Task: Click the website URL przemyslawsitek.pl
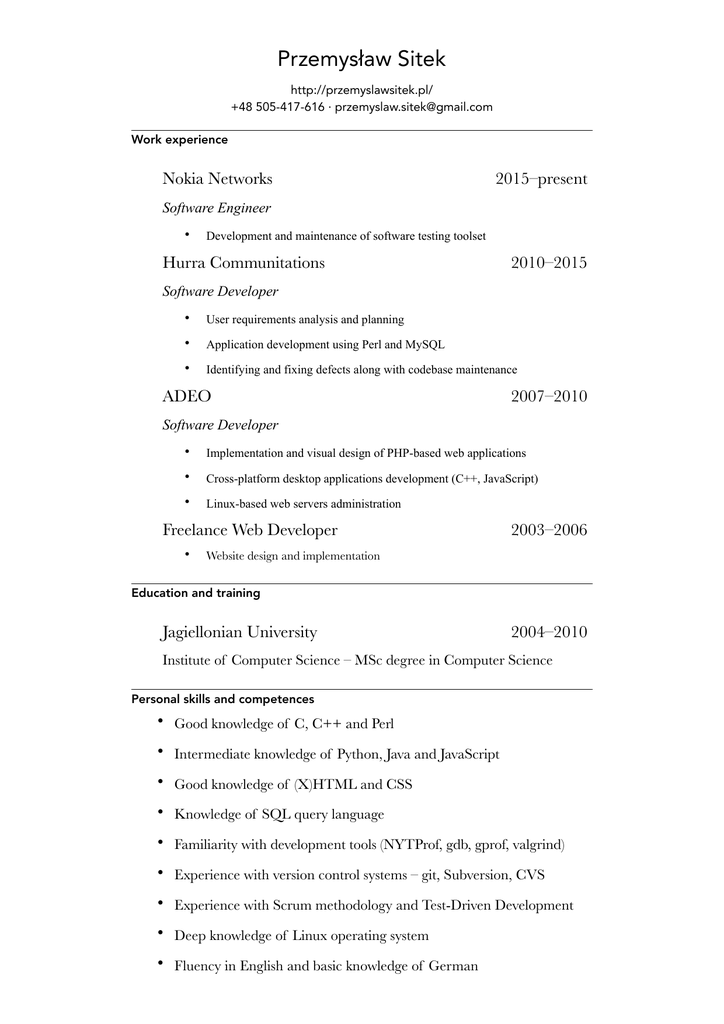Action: (361, 89)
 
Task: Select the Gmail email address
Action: (413, 107)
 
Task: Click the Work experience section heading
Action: (179, 140)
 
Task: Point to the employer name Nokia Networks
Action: (217, 179)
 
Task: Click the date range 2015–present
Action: (541, 179)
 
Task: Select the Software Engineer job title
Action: (216, 208)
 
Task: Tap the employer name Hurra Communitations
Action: (243, 263)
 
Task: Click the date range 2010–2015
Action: (549, 263)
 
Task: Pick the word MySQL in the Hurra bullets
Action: (425, 345)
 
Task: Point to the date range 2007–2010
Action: (549, 396)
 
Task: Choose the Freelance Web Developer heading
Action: (250, 530)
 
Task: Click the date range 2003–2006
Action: (549, 530)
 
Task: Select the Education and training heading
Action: (196, 593)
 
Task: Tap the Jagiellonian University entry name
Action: (239, 632)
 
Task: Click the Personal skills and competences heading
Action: (222, 699)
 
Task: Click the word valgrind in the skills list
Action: (537, 845)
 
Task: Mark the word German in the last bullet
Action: (453, 966)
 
